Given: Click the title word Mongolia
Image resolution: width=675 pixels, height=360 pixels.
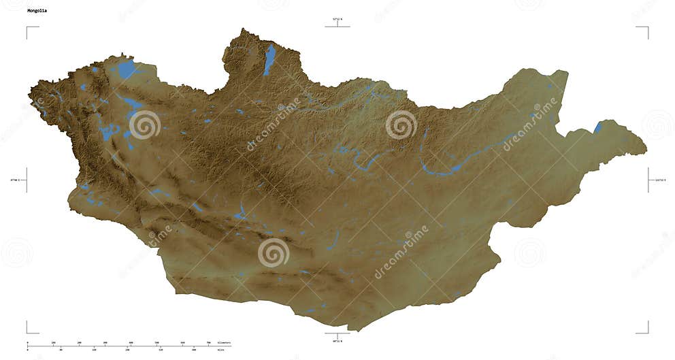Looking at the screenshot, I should click(38, 11).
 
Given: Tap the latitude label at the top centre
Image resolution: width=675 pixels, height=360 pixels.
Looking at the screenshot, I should click(337, 20).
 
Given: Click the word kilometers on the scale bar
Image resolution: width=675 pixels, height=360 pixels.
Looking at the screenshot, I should click(223, 342).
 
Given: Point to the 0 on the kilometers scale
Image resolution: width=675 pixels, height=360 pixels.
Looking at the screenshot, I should click(27, 342).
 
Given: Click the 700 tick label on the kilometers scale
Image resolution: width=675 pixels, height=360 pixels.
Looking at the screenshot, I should click(208, 342).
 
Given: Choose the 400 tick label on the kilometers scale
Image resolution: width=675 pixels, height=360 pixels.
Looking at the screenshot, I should click(131, 342).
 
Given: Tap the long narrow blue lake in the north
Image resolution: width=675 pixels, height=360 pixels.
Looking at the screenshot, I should click(270, 59).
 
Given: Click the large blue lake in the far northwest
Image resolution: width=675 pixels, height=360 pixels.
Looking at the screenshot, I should click(127, 69).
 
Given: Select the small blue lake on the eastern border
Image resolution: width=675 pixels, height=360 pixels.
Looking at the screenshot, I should click(597, 127).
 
